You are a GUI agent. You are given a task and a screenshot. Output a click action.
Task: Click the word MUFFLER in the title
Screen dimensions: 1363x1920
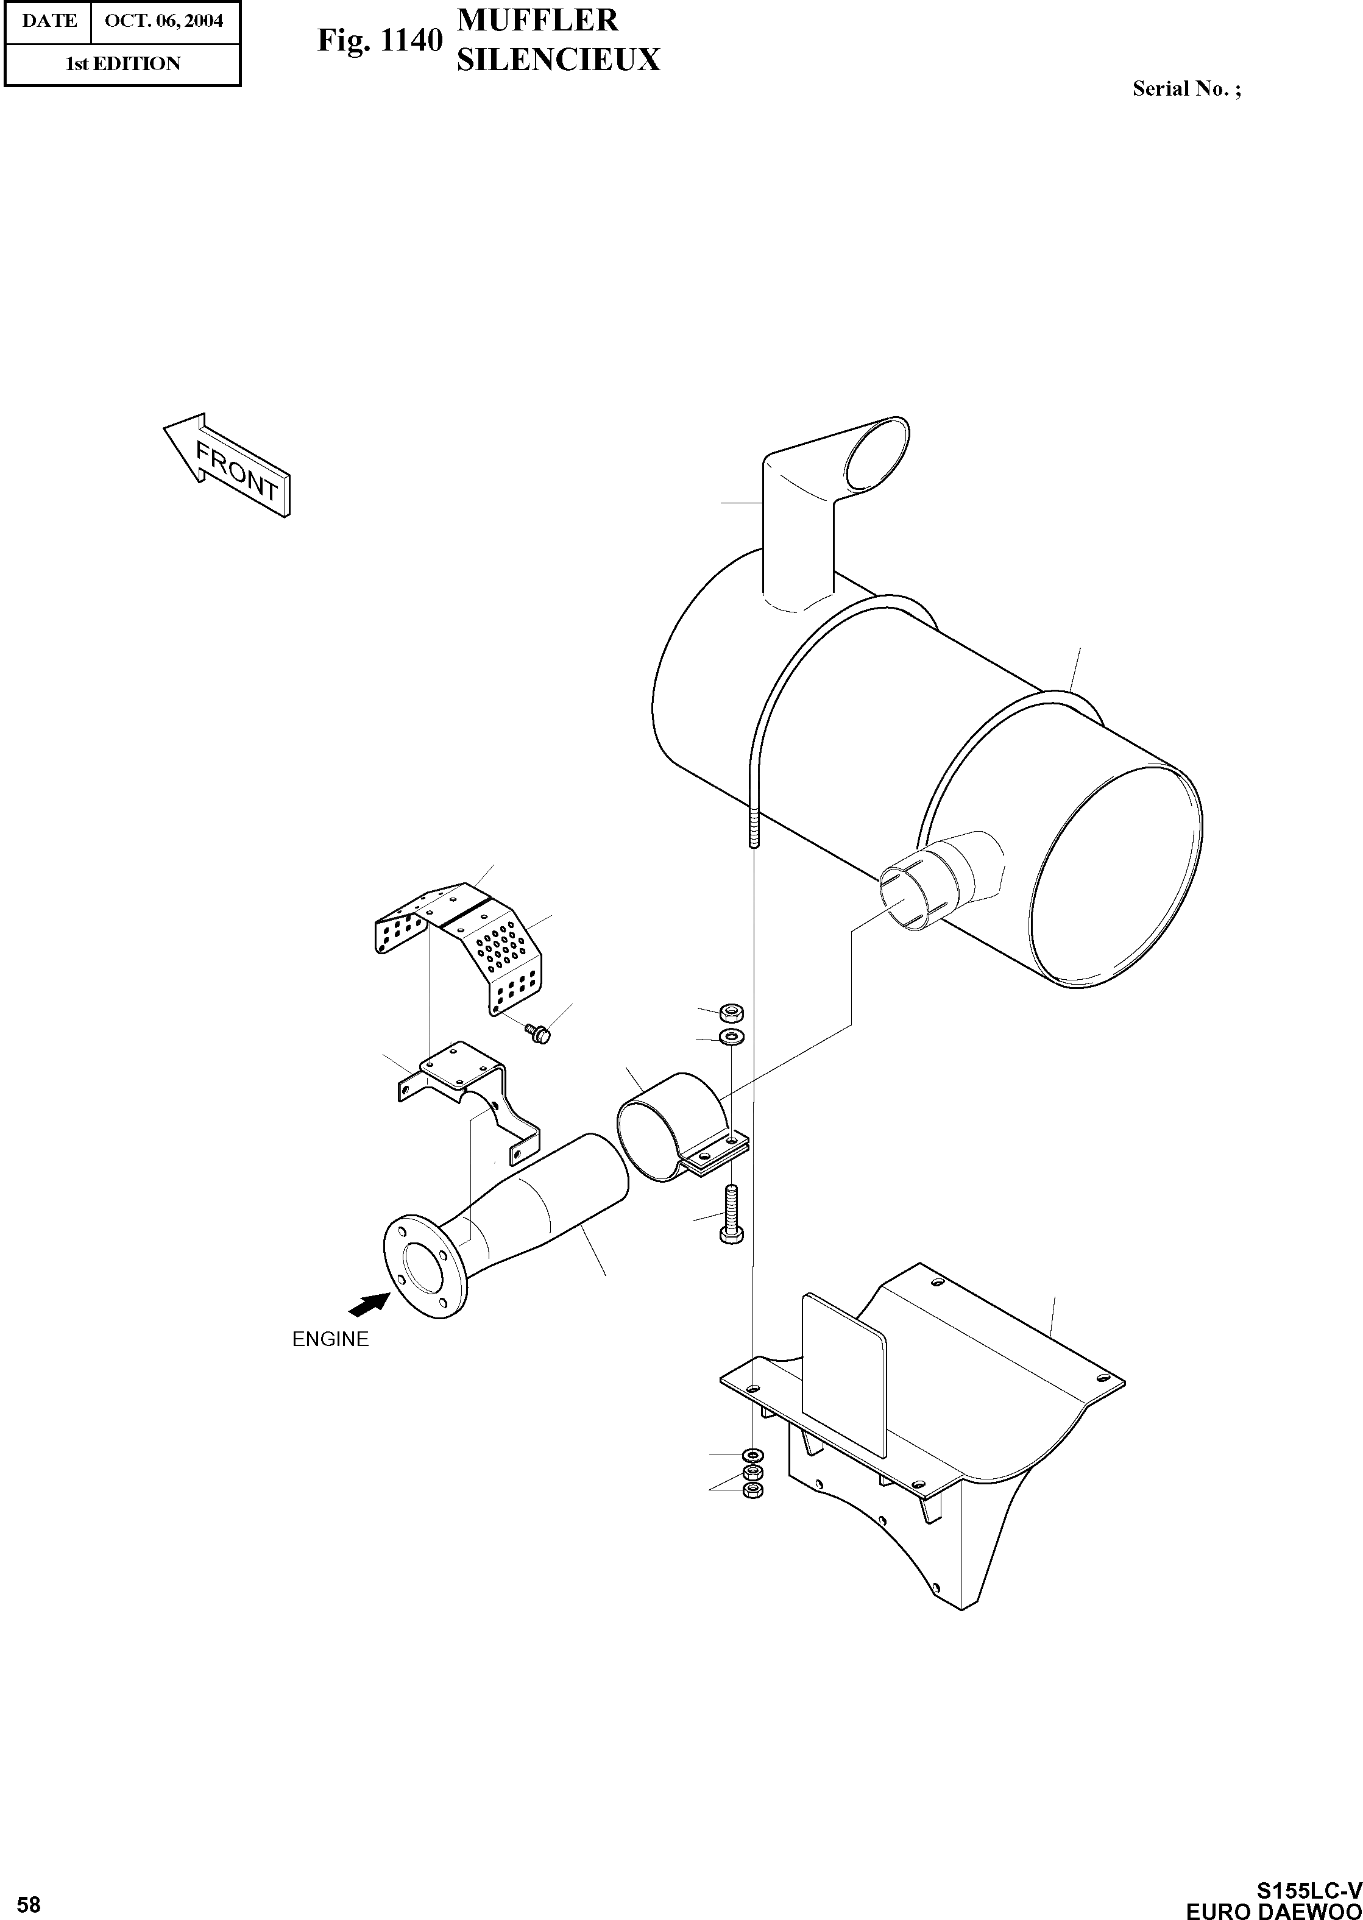(537, 20)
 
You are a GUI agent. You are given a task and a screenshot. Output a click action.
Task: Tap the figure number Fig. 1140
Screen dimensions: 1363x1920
(380, 40)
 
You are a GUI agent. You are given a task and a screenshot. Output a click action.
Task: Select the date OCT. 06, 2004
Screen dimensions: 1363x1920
(165, 21)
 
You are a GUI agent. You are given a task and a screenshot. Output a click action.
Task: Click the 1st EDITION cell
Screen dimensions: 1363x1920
(122, 64)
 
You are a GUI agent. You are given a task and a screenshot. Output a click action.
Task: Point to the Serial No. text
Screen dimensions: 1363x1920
(1186, 89)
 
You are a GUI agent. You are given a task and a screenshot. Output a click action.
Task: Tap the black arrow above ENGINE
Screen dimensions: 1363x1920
(369, 1303)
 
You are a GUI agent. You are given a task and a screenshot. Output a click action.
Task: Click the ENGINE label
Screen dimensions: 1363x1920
(330, 1339)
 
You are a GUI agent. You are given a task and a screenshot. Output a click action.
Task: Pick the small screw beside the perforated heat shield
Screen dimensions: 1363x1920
(537, 1032)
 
